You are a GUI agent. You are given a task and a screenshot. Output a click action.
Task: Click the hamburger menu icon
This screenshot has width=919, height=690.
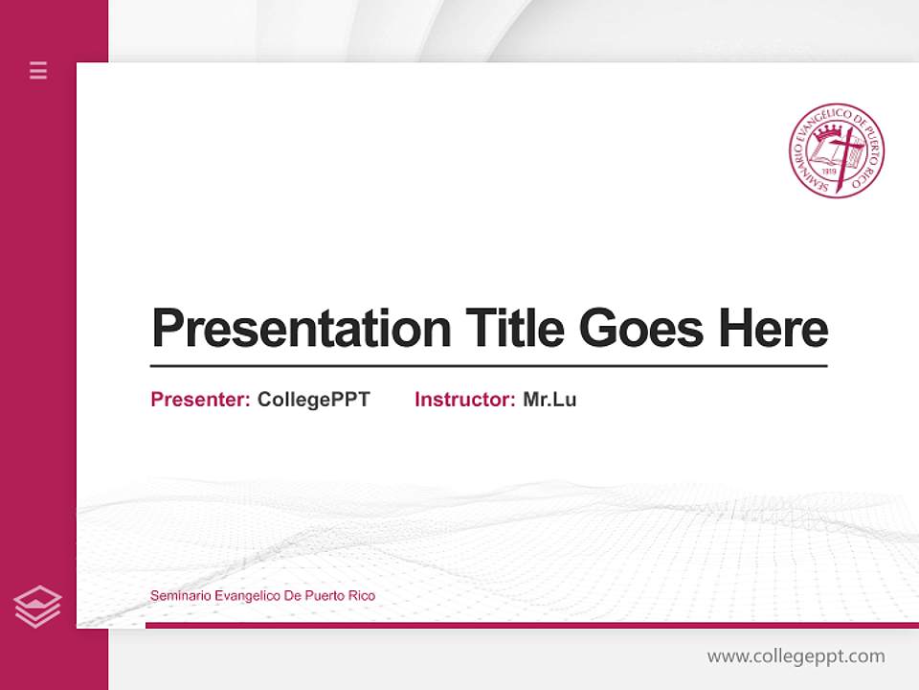(38, 70)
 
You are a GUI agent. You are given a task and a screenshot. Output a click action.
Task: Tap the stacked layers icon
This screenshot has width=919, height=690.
(37, 607)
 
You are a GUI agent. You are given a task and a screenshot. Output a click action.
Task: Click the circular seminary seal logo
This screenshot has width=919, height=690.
(837, 150)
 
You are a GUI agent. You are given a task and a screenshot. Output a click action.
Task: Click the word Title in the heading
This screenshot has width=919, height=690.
(515, 328)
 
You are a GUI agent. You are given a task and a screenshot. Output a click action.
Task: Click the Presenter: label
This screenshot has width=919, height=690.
(201, 400)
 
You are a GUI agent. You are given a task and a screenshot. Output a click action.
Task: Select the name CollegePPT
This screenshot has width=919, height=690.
(314, 400)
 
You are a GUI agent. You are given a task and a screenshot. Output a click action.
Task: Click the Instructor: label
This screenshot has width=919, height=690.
(465, 400)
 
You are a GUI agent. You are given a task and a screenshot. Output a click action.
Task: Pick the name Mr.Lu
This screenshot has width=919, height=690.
(549, 400)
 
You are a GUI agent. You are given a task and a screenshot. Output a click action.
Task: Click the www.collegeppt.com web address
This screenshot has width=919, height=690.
(796, 656)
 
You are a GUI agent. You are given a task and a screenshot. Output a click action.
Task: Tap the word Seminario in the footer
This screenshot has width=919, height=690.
(180, 596)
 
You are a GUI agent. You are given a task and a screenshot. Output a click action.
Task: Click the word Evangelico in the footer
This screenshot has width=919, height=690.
(248, 596)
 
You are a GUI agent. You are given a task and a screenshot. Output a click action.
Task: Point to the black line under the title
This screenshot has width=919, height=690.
(488, 365)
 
